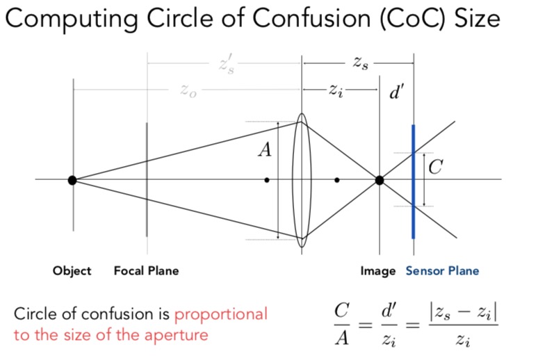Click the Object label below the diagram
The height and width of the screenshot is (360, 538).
coord(72,271)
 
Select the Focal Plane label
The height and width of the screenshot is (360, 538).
coord(146,271)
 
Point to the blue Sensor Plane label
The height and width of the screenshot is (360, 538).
coord(442,271)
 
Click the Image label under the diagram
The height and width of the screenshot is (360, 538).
coord(377,271)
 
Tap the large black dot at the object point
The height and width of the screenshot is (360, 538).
coord(72,180)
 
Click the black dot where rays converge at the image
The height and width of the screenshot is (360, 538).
coord(380,180)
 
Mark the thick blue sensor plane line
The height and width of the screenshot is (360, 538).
coord(413,208)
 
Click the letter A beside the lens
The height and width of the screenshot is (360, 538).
coord(265,149)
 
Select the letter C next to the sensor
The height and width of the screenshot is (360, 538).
coord(435,167)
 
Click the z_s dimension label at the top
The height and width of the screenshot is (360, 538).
coord(360,64)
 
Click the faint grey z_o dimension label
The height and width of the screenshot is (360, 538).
coord(188,91)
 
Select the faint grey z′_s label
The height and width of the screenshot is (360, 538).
coord(227,64)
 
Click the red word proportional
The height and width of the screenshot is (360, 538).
coord(220,314)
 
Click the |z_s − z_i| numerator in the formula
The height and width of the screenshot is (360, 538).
coord(468,313)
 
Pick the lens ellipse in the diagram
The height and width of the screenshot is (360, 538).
coord(301,180)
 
